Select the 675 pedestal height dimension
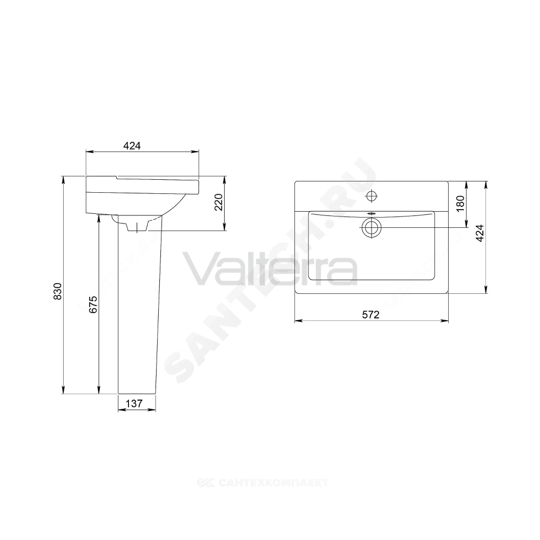pyautogui.click(x=93, y=305)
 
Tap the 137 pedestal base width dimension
pyautogui.click(x=134, y=403)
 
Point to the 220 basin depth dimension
pyautogui.click(x=219, y=202)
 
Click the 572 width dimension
pyautogui.click(x=370, y=314)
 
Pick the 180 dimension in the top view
pyautogui.click(x=461, y=204)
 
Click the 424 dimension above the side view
pyautogui.click(x=132, y=146)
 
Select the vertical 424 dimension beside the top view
pyautogui.click(x=480, y=233)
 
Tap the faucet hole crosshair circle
pyautogui.click(x=372, y=197)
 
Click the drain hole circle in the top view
pyautogui.click(x=372, y=228)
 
